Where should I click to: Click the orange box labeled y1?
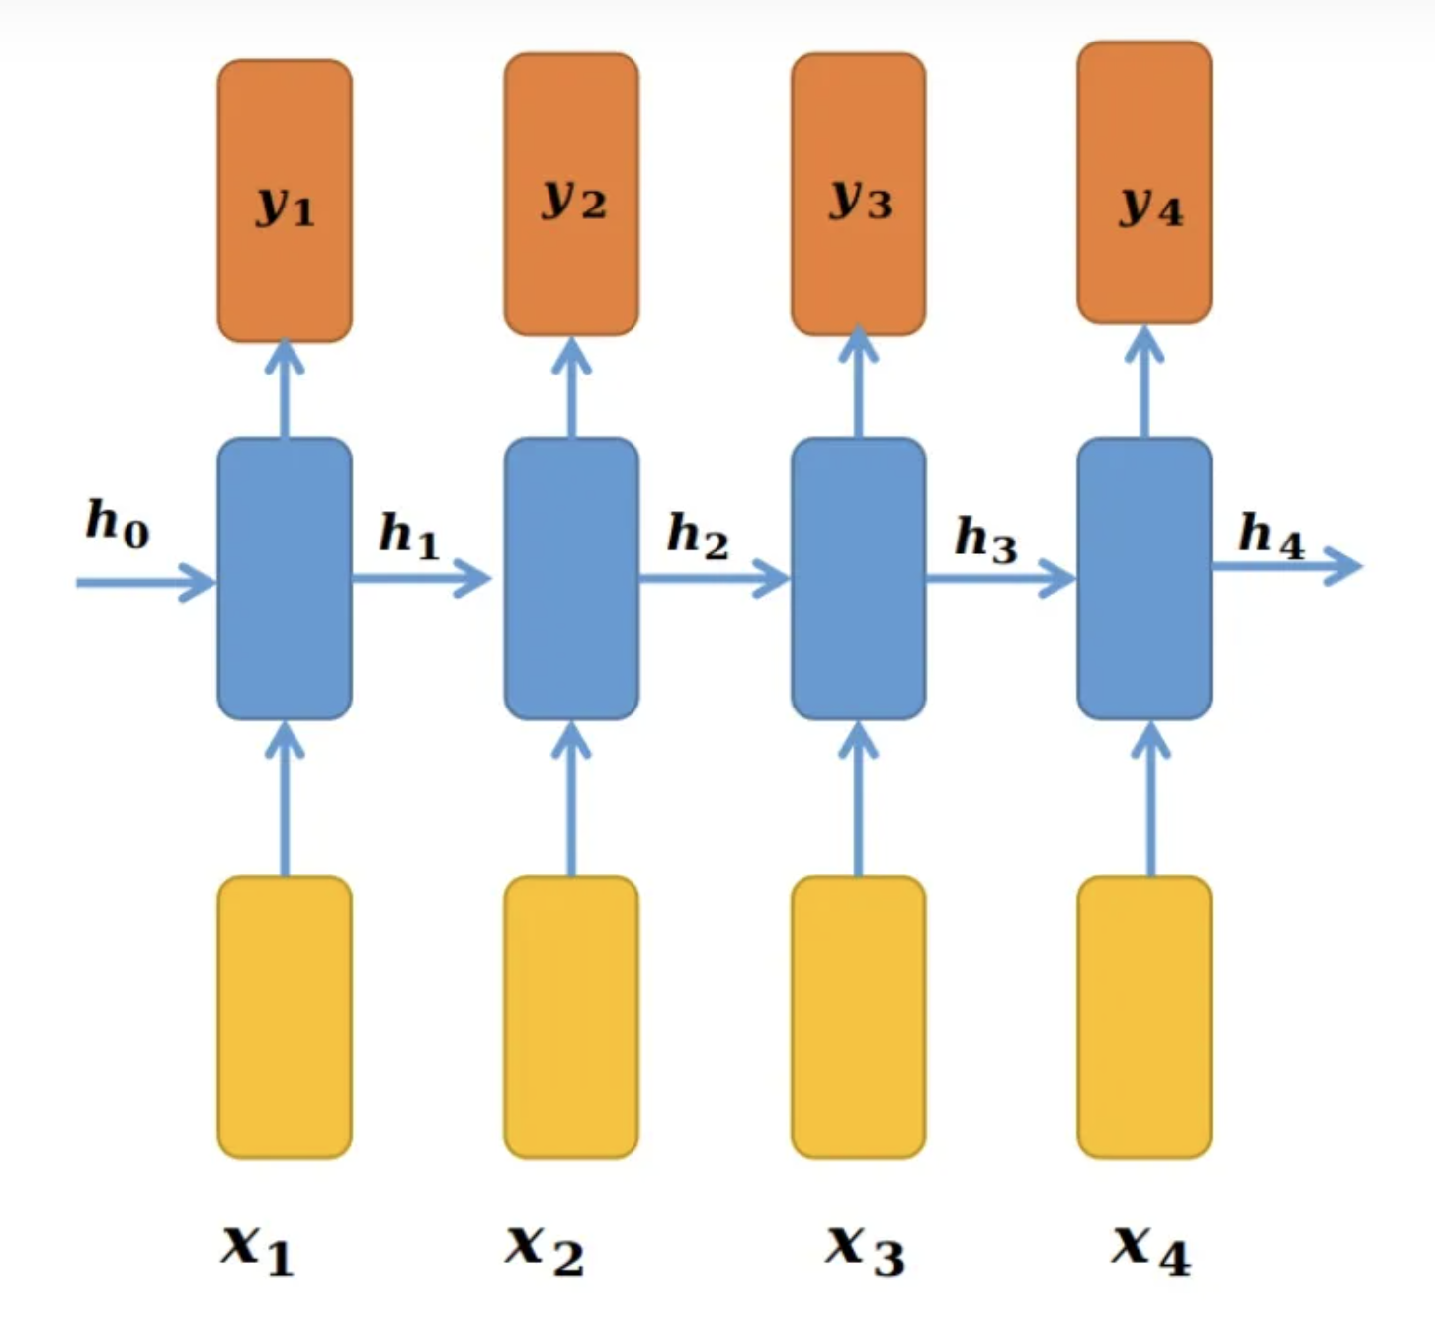pyautogui.click(x=285, y=201)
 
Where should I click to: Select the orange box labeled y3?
pyautogui.click(x=858, y=194)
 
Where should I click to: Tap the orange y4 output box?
pyautogui.click(x=1144, y=183)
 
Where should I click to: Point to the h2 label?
pyautogui.click(x=698, y=537)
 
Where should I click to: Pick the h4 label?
pyautogui.click(x=1271, y=537)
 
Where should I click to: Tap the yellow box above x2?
pyautogui.click(x=571, y=1017)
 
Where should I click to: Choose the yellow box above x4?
pyautogui.click(x=1144, y=1017)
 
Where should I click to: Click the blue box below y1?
pyautogui.click(x=285, y=578)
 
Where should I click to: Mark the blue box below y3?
pyautogui.click(x=858, y=578)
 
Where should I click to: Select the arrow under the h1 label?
pyautogui.click(x=421, y=578)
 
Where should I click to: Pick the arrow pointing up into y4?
pyautogui.click(x=1144, y=381)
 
